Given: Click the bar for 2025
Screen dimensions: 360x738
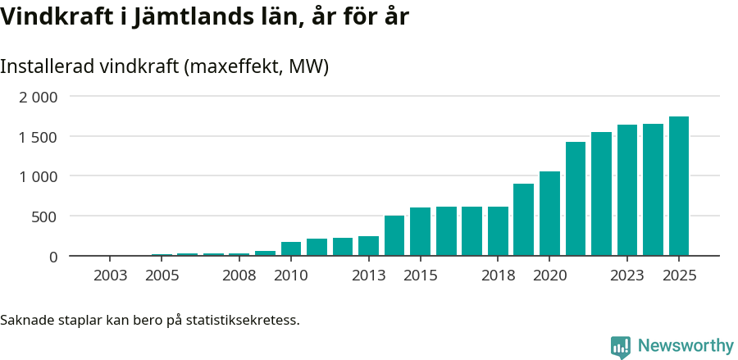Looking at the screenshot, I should point(678,186).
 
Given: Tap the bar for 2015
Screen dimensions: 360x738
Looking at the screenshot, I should point(420,231).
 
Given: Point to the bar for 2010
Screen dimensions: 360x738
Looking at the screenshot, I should point(291,248).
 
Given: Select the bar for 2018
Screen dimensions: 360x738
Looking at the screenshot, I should point(498,231).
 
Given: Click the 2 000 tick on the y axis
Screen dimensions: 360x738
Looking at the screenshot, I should point(39,97).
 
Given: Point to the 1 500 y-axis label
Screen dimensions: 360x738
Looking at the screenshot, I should point(39,137).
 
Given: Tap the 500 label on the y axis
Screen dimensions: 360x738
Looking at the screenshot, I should point(45,216).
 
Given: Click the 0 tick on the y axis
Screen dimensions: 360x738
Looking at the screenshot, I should point(53,257).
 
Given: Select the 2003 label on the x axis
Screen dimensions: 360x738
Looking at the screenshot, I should point(111,276).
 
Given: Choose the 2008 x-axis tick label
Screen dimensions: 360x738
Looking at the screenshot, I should point(239,276).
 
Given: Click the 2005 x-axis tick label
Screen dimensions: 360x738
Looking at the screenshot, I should point(162,276).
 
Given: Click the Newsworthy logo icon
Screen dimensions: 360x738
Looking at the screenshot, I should point(621,347).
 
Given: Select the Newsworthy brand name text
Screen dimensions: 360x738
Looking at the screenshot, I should point(685,347).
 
